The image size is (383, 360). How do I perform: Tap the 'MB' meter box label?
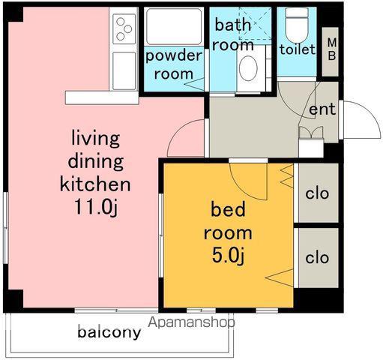(332, 49)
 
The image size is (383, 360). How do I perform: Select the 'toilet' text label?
(298, 49)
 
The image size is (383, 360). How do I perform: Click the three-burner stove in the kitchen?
(124, 29)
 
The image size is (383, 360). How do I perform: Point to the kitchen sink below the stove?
(124, 70)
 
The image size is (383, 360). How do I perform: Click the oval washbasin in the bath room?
(248, 68)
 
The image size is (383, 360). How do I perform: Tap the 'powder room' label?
(174, 65)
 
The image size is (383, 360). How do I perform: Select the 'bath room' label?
(233, 35)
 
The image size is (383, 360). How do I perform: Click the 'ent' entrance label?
(322, 109)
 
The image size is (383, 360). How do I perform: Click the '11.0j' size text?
(96, 207)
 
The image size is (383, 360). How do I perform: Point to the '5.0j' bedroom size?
(228, 256)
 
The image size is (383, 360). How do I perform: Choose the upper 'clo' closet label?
(317, 193)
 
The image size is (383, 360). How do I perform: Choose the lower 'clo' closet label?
(317, 258)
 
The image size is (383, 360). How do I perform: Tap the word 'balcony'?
(109, 332)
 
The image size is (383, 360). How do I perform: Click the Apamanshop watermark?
(191, 322)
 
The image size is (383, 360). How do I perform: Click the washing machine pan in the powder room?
(174, 27)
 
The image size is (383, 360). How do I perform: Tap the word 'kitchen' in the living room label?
(95, 184)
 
